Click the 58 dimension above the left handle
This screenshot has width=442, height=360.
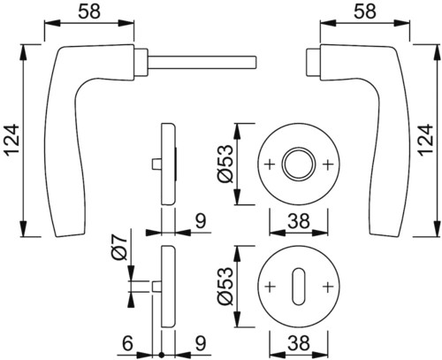[89, 11]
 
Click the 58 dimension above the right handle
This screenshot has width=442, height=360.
[364, 11]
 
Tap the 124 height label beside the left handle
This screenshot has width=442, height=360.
[11, 141]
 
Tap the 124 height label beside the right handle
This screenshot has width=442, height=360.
[426, 141]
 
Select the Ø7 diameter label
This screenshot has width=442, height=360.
[120, 247]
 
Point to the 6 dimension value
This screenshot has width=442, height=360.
[127, 343]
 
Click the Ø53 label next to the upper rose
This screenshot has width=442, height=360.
[225, 164]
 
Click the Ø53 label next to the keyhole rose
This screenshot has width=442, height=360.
[225, 286]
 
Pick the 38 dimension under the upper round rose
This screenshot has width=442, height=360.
[299, 221]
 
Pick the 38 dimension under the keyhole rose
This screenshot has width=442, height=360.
[299, 343]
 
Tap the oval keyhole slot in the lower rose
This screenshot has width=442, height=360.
[299, 287]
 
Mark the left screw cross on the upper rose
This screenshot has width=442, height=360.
[271, 165]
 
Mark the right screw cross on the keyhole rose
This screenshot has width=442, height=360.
[327, 287]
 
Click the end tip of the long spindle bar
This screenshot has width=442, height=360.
[256, 62]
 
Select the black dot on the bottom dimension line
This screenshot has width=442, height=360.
[161, 355]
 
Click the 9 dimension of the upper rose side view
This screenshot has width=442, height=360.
[201, 222]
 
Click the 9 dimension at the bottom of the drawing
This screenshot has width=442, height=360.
[201, 343]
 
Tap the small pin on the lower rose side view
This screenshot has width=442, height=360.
[156, 287]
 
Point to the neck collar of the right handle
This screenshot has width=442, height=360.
[314, 62]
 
